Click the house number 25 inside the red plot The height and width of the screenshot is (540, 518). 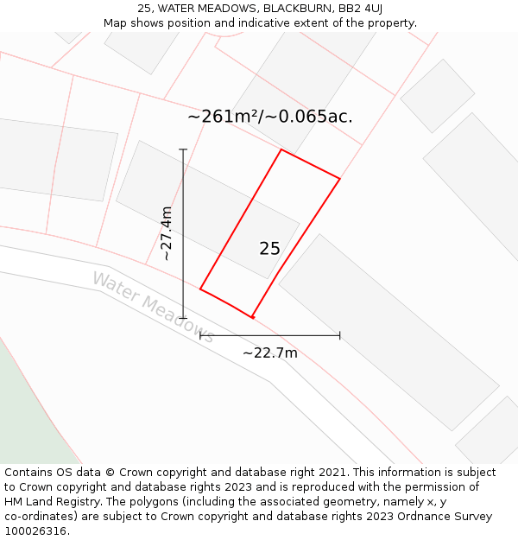pos(269,249)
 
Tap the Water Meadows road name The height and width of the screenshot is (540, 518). pos(152,308)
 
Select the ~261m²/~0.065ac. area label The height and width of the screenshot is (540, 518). pos(269,117)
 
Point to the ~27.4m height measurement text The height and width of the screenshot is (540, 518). pos(167,233)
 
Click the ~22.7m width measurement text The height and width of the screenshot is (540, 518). pos(269,353)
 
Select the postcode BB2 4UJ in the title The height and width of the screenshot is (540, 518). pos(361,9)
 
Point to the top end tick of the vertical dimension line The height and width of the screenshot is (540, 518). pos(183,149)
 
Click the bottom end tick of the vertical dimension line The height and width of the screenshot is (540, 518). pos(183,318)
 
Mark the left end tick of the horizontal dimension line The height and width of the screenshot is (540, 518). pos(200,335)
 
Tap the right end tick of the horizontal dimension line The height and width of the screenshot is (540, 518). pos(339,335)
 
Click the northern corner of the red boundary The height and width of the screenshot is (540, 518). pos(281,149)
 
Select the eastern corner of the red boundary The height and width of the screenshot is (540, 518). pos(339,179)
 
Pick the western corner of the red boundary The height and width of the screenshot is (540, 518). pos(200,289)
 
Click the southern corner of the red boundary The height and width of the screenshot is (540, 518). pos(252,317)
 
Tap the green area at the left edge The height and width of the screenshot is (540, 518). pos(26,415)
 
